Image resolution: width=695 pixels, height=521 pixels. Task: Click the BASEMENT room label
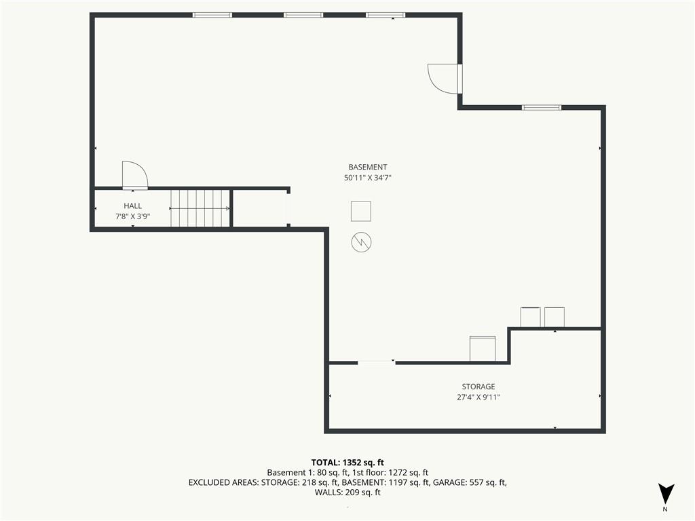(x=367, y=167)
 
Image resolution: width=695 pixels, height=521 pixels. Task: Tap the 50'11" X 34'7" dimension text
(x=367, y=178)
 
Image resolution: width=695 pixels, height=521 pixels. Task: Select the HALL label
(x=132, y=206)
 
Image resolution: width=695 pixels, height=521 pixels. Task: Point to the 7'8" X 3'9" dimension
(x=132, y=216)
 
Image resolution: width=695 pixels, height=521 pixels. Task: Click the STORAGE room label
(x=478, y=386)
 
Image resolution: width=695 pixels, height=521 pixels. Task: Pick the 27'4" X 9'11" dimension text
(x=478, y=397)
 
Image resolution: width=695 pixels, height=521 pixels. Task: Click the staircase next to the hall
(x=200, y=208)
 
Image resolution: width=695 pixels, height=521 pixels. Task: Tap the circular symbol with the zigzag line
(x=361, y=242)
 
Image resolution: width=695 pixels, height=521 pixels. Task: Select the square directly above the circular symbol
(x=361, y=212)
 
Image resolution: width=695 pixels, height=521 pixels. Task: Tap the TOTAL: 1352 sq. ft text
(x=347, y=463)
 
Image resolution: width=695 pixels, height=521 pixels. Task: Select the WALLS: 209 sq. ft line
(x=347, y=493)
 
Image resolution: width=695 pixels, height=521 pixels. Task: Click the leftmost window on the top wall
(x=212, y=15)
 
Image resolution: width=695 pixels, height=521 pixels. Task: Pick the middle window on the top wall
(x=303, y=15)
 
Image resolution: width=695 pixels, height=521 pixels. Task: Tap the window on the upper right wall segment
(x=541, y=107)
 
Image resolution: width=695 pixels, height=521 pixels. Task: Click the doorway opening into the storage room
(x=376, y=363)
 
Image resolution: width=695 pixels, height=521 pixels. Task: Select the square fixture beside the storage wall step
(x=483, y=349)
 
